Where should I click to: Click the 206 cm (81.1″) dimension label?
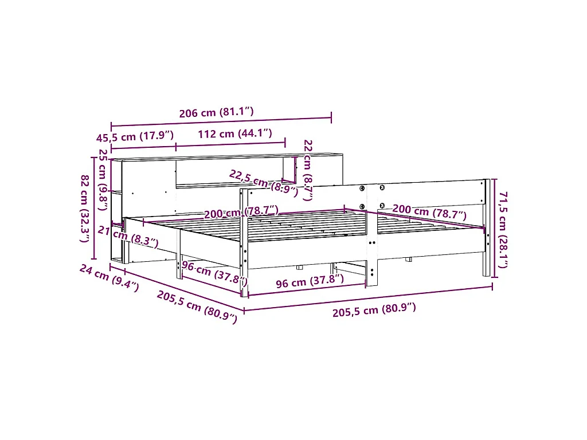(x=216, y=112)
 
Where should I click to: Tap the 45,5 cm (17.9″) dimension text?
(x=135, y=136)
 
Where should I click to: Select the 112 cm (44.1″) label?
(x=234, y=133)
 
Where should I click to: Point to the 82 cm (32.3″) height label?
(x=85, y=209)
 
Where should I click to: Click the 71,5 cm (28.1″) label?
(x=503, y=229)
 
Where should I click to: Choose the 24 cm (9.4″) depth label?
(x=109, y=278)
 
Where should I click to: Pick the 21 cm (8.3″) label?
(x=128, y=237)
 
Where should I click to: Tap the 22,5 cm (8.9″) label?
(x=264, y=183)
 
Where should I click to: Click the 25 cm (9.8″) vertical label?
(x=103, y=179)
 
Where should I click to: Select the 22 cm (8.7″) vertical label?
(x=308, y=170)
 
